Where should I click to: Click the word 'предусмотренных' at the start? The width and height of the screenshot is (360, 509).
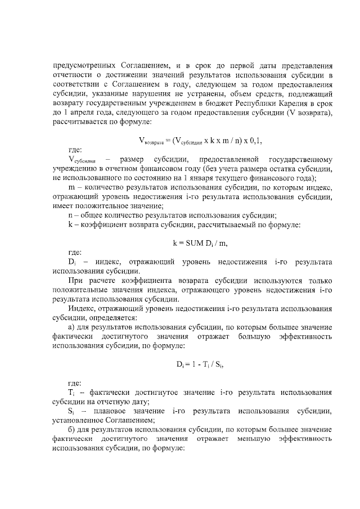(x=83, y=65)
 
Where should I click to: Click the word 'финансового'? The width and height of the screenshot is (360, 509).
(x=292, y=178)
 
